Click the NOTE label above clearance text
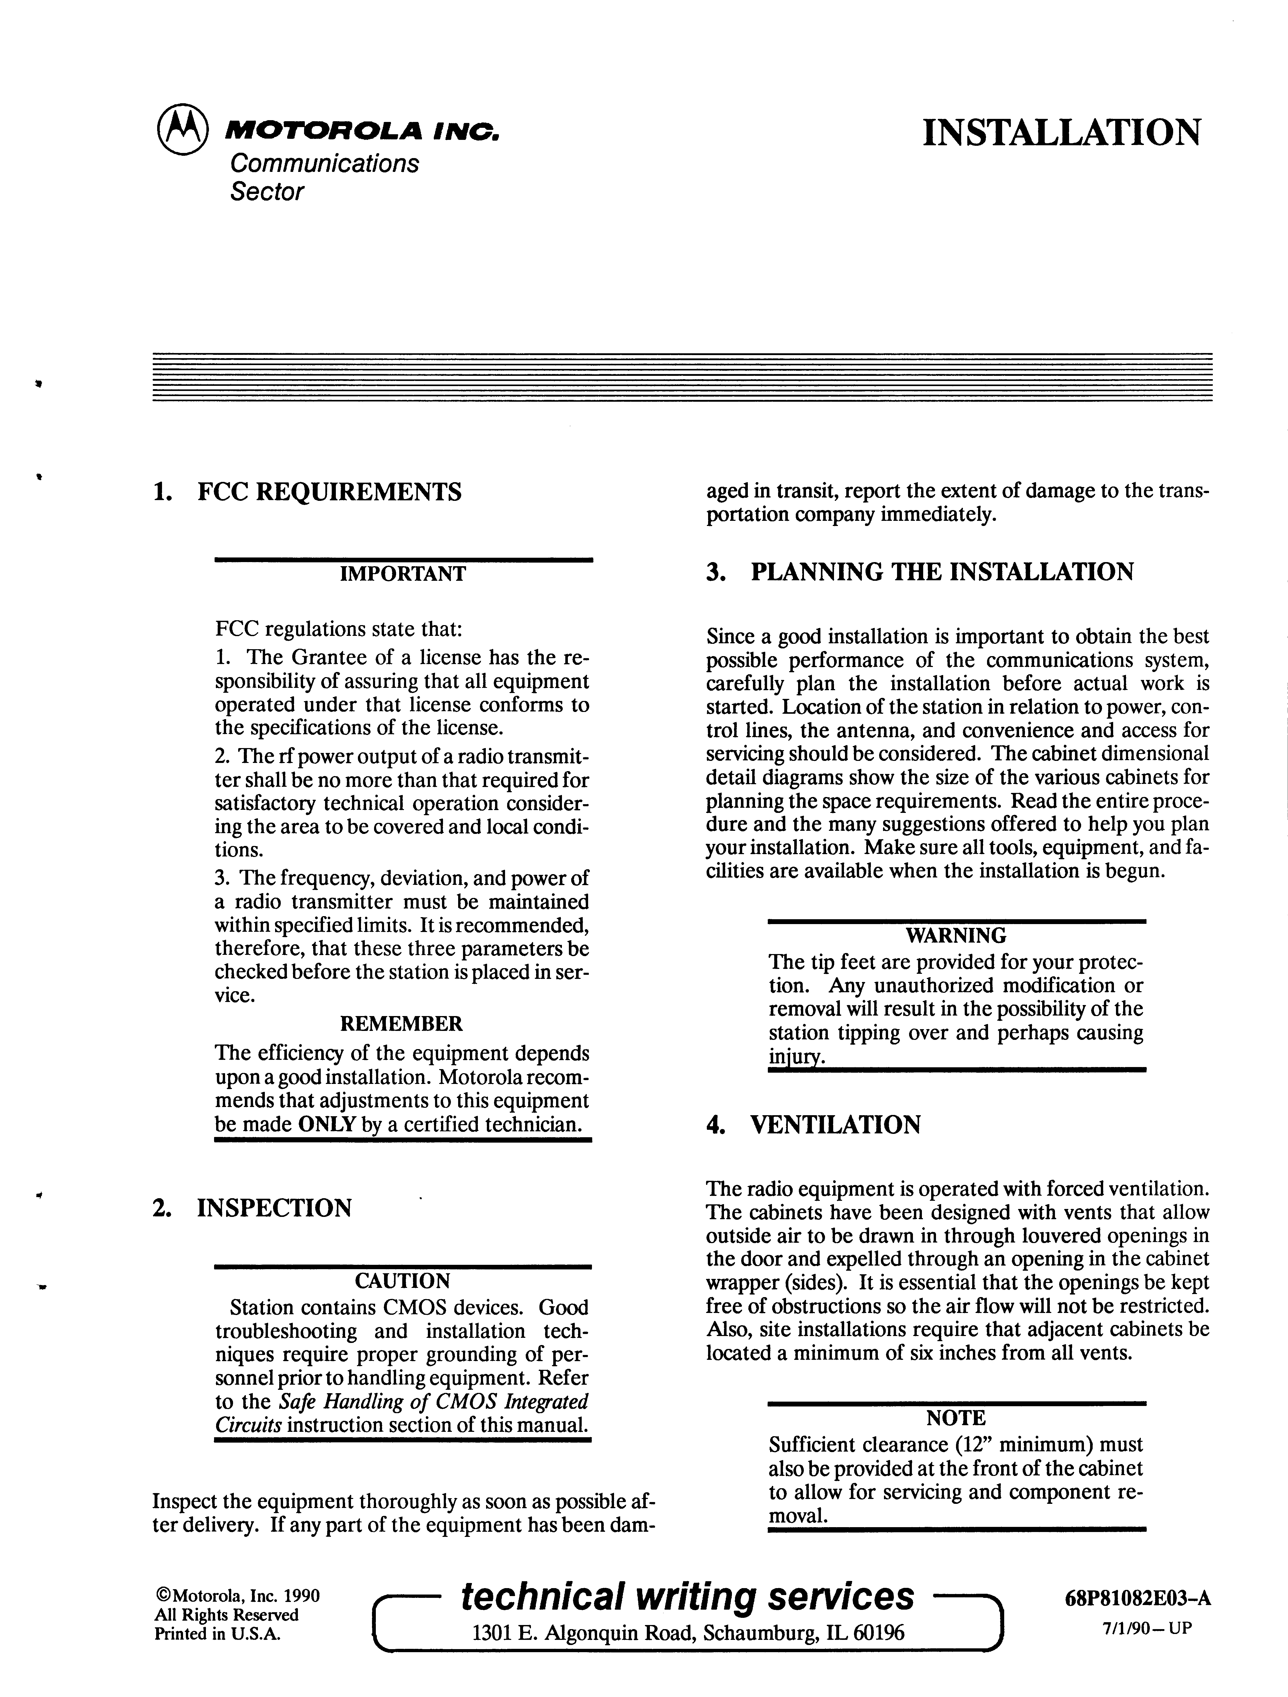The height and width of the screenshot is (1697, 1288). pos(956,1418)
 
